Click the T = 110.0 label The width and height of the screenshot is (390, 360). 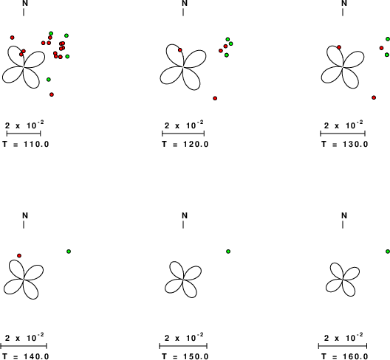point(26,144)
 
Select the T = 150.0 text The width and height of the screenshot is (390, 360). point(185,356)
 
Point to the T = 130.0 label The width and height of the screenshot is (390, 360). point(344,144)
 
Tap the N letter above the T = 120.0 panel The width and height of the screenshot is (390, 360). point(185,3)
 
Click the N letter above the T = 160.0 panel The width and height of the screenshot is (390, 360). point(344,215)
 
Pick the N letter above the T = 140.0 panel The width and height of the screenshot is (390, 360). point(25,215)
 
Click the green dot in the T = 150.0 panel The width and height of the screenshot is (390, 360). point(228,252)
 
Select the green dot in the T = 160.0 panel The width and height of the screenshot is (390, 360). point(388,252)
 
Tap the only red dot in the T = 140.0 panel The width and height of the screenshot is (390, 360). point(19,255)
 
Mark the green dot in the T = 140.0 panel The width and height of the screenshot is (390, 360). point(69,252)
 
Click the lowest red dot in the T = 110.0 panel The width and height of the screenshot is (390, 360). point(52,94)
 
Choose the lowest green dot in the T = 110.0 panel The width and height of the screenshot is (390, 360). point(49,80)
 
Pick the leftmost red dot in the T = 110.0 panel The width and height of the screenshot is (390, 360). point(12,38)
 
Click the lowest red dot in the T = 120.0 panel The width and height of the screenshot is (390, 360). point(215,98)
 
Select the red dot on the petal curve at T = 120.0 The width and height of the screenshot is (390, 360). point(179,50)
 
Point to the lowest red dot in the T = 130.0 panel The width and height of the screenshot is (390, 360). point(374,97)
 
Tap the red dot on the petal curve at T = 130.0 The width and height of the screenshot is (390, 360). point(339,47)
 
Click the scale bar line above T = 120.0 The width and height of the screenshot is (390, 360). point(183,134)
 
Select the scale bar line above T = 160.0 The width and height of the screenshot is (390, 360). point(343,345)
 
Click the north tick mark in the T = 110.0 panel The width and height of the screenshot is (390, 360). point(24,13)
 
